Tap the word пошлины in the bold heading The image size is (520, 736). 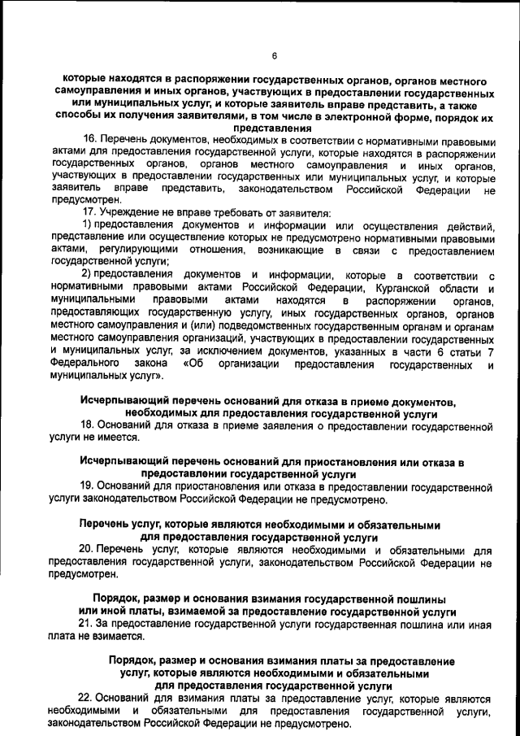pos(410,599)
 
